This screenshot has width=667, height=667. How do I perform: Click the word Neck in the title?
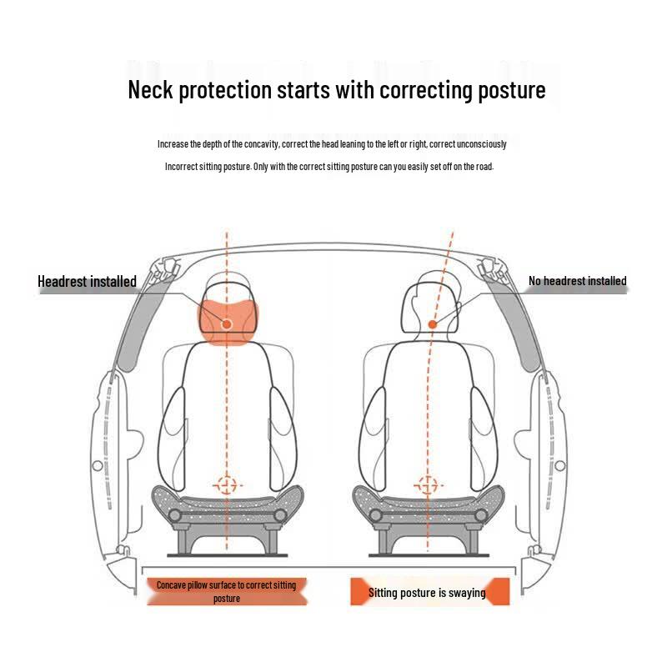150,90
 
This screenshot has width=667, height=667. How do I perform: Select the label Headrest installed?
87,281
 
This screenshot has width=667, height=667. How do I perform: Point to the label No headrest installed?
577,281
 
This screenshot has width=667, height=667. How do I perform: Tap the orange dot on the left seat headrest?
227,324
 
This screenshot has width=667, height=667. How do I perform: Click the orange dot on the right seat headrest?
433,324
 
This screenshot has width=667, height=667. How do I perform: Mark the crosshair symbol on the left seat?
227,485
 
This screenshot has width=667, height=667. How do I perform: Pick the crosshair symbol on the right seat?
428,485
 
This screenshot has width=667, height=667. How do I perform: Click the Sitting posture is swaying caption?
427,593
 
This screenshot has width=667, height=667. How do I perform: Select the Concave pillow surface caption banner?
227,591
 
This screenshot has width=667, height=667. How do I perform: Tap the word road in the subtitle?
484,167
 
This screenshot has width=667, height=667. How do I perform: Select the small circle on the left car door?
98,465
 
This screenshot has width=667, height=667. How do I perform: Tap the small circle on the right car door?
560,465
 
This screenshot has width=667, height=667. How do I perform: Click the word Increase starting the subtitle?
173,144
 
